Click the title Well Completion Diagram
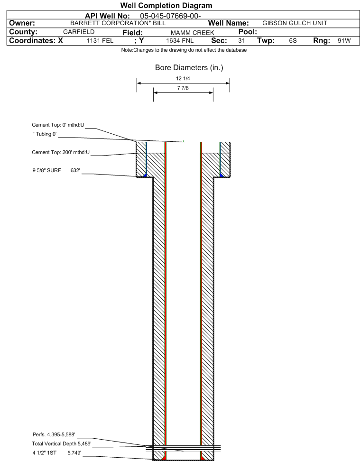coord(166,6)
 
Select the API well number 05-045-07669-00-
coord(170,16)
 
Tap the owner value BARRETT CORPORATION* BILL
coord(118,23)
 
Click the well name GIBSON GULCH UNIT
coord(295,23)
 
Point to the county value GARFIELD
coord(79,32)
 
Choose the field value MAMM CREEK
coord(193,33)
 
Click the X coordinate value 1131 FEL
coord(100,41)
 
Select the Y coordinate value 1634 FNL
coord(180,41)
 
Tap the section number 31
coord(241,41)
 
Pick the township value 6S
coord(293,41)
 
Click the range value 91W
coord(344,41)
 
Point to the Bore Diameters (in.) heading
coord(189,68)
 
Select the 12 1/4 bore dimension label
coord(183,79)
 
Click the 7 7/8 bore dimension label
coord(183,88)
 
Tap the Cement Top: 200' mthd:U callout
coord(61,152)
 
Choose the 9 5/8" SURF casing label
coord(47,170)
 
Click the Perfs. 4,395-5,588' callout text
coord(54,434)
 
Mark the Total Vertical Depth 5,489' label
coord(62,443)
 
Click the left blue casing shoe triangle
coord(145,175)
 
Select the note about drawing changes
coord(184,50)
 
